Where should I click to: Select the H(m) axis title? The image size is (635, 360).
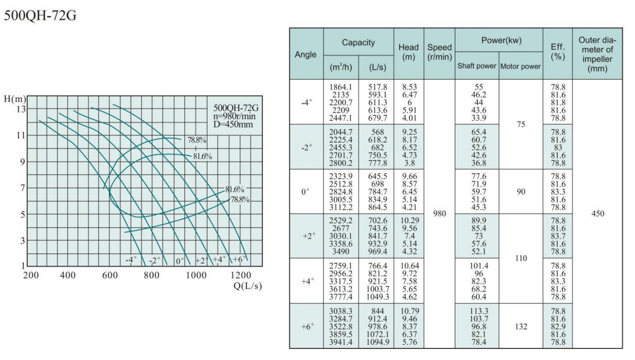14,98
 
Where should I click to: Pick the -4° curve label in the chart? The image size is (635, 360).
131,261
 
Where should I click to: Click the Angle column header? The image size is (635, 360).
306,54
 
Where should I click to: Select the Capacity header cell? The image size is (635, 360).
358,43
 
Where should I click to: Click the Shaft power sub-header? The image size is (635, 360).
477,67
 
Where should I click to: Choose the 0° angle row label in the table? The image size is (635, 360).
305,191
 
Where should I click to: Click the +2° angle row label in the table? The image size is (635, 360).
305,236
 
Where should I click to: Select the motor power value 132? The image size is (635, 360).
520,327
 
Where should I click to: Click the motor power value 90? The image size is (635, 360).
520,191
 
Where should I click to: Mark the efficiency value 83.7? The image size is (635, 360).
557,236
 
